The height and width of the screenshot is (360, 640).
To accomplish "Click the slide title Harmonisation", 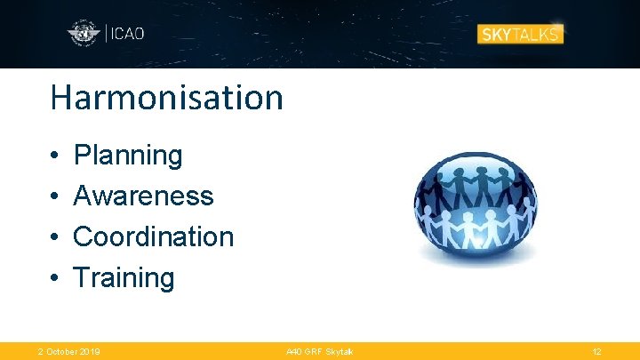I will pos(166,97).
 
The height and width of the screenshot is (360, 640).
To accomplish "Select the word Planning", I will pos(128,155).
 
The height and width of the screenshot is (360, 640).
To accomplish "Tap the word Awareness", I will pos(143,196).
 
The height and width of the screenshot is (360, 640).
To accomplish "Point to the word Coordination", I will pos(153,236).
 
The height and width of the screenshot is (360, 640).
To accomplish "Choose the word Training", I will pos(124,277).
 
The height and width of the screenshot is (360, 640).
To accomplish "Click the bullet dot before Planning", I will pos(54,156).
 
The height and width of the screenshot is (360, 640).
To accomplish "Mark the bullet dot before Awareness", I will pos(54,197).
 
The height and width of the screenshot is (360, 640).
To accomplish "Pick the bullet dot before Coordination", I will pos(54,238).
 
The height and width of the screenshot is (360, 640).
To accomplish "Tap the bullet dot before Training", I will pos(54,279).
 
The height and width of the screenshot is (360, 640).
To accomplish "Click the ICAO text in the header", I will pos(127,35).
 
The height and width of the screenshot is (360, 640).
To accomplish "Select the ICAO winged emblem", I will pos(84,35).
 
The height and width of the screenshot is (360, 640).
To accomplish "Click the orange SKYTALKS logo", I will pos(520,35).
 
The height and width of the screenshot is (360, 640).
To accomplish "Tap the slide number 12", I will pos(597,352).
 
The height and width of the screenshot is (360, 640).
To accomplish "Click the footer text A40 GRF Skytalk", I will pos(319,352).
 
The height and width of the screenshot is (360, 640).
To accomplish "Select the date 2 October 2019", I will pos(68,352).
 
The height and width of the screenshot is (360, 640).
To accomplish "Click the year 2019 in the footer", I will pos(89,352).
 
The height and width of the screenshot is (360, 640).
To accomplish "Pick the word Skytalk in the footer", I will pos(338,352).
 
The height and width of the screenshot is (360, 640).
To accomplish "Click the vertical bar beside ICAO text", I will pos(107,35).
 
